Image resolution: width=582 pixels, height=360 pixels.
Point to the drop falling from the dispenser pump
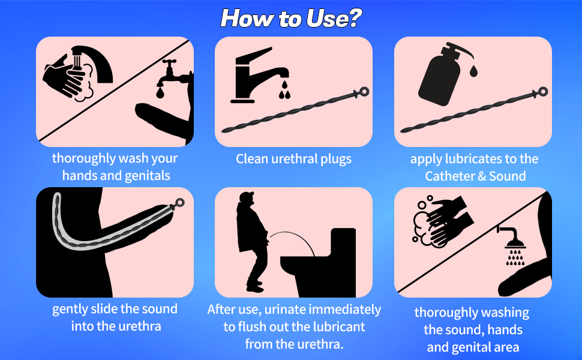click(473, 71)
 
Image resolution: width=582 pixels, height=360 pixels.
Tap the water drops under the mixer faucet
click(284, 91)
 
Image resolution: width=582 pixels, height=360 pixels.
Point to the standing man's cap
click(246, 196)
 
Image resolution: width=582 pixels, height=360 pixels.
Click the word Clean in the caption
click(252, 159)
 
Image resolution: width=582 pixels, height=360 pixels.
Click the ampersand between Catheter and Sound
click(481, 176)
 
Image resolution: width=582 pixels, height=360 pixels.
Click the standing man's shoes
click(255, 286)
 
